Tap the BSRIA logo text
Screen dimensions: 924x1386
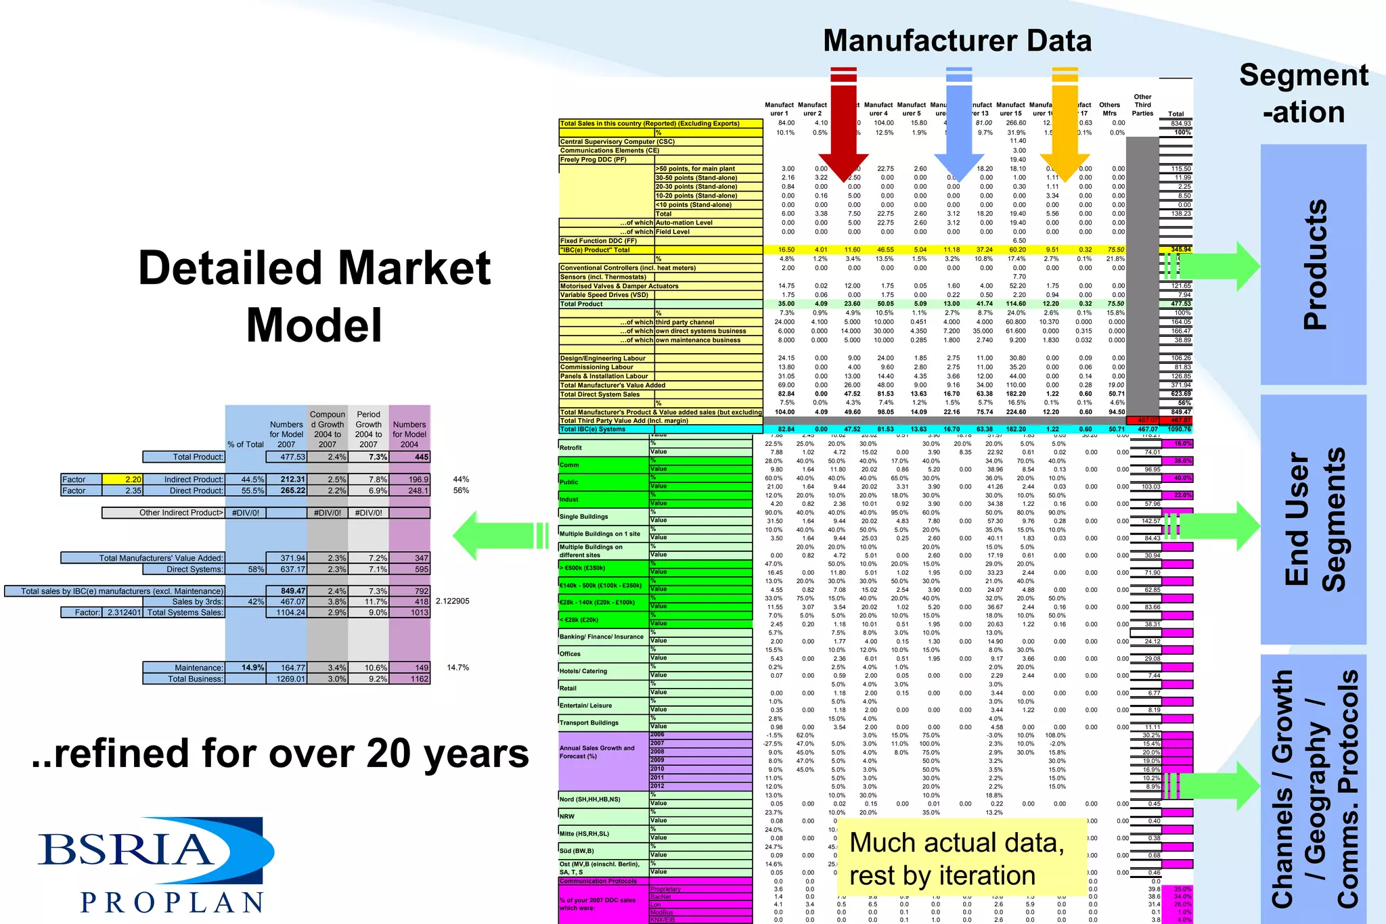coord(125,850)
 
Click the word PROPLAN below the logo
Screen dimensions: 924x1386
coord(172,902)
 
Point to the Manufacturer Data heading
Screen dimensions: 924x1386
coord(957,41)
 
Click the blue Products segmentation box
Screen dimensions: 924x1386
coord(1313,264)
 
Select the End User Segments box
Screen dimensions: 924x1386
coord(1313,519)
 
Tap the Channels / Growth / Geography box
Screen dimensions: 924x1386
coord(1313,789)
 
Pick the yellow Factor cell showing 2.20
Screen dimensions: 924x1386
coord(122,480)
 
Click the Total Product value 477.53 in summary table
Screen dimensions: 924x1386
coord(286,457)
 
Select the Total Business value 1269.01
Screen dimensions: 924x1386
coord(286,679)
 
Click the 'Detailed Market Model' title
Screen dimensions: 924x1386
coord(314,296)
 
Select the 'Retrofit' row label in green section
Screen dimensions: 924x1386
coord(571,448)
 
